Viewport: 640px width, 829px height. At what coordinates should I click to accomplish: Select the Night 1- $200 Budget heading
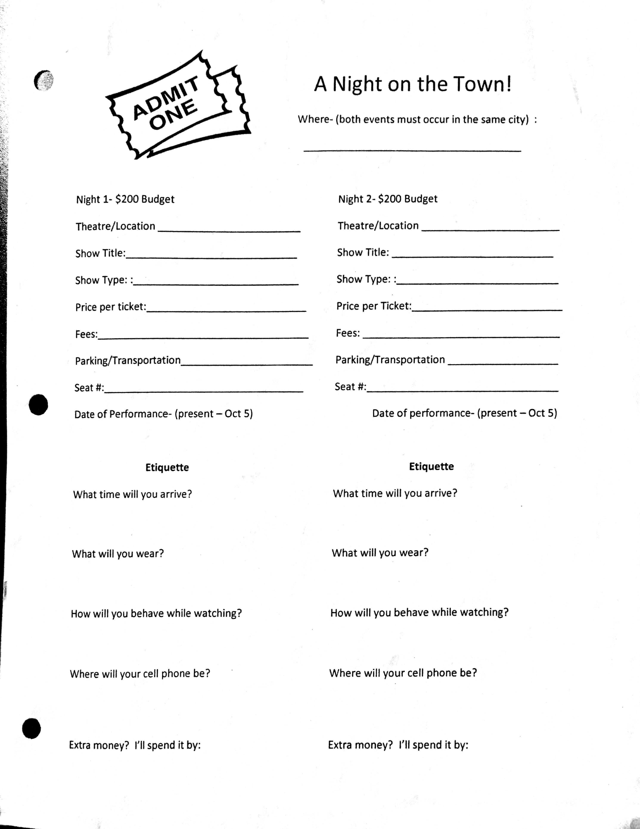click(x=125, y=199)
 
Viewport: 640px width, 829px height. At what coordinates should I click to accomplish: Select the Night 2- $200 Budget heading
click(x=387, y=199)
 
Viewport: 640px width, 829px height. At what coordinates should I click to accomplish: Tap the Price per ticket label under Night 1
click(x=111, y=307)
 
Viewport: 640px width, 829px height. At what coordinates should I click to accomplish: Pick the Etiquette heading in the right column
click(x=431, y=466)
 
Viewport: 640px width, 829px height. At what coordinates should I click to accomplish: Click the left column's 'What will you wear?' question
click(x=118, y=554)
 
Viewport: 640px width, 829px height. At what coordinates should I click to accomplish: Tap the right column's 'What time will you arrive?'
click(x=395, y=493)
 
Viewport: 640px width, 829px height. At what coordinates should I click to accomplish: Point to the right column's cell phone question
click(x=403, y=673)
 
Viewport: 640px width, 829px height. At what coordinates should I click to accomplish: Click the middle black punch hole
click(x=38, y=405)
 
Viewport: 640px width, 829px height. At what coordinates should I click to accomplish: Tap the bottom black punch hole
click(x=31, y=728)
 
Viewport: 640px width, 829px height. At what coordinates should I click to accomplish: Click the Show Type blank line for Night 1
click(x=215, y=284)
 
